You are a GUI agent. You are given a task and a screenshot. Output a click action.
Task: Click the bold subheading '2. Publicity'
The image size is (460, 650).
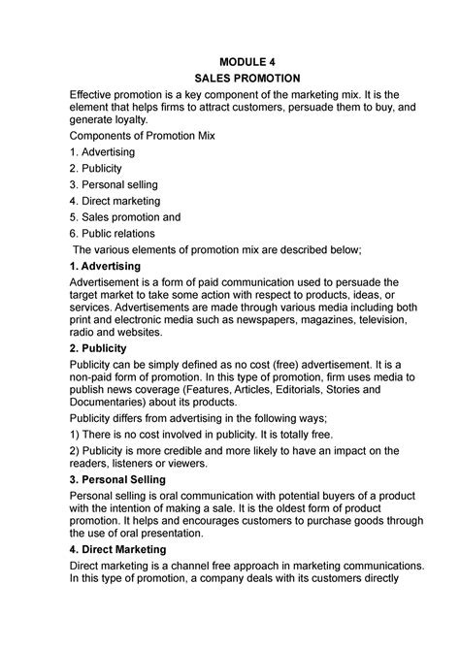(98, 346)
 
